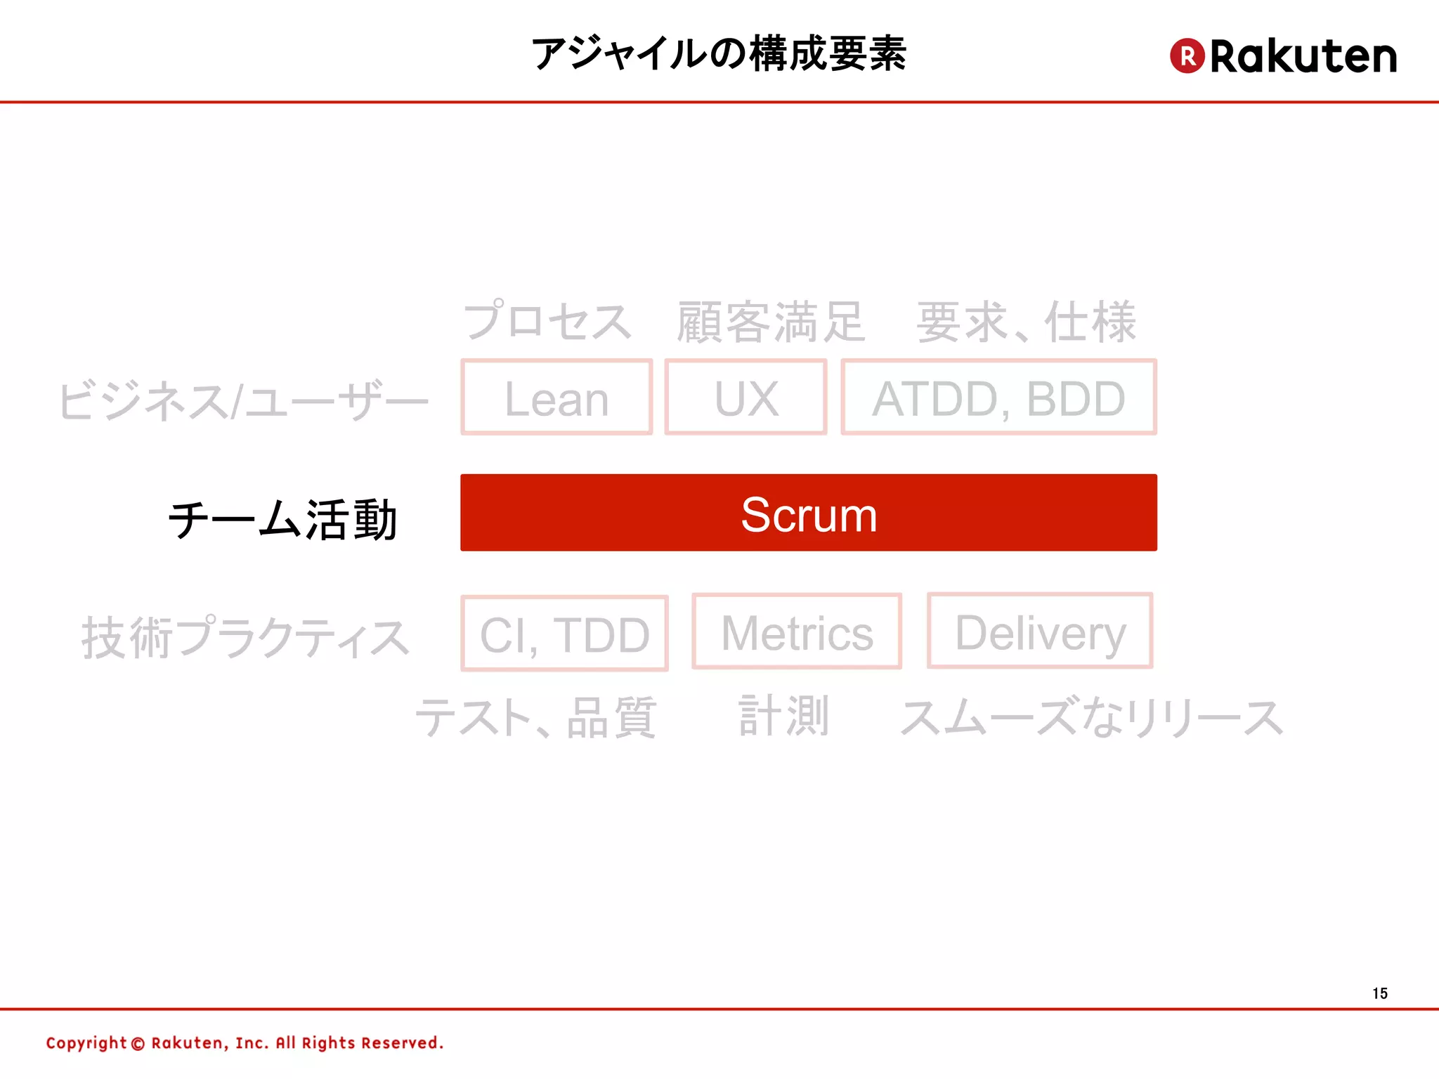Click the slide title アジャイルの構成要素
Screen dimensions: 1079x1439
tap(719, 54)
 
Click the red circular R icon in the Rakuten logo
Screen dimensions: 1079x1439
tap(1187, 55)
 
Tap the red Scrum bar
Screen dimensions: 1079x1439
tap(808, 513)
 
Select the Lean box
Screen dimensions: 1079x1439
tap(556, 398)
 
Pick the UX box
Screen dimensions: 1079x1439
tap(745, 398)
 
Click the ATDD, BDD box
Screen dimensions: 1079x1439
tap(998, 398)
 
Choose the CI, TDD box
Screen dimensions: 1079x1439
tap(564, 634)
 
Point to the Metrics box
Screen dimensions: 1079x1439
tap(797, 632)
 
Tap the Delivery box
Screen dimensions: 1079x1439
tap(1040, 631)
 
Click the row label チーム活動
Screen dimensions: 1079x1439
tap(283, 520)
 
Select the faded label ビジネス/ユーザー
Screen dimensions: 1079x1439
tap(243, 400)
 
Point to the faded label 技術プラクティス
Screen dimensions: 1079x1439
tap(245, 637)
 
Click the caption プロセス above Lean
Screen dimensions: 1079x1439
tap(547, 321)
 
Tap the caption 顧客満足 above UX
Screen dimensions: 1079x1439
tap(770, 322)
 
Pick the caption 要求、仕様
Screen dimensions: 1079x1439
tap(1027, 322)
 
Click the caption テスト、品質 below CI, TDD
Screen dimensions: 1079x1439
tap(536, 717)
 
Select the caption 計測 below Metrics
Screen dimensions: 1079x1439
tap(784, 716)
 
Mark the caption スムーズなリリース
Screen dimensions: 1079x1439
tap(1092, 717)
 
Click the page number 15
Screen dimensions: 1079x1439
tap(1380, 993)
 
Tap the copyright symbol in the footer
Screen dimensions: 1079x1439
tap(138, 1044)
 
